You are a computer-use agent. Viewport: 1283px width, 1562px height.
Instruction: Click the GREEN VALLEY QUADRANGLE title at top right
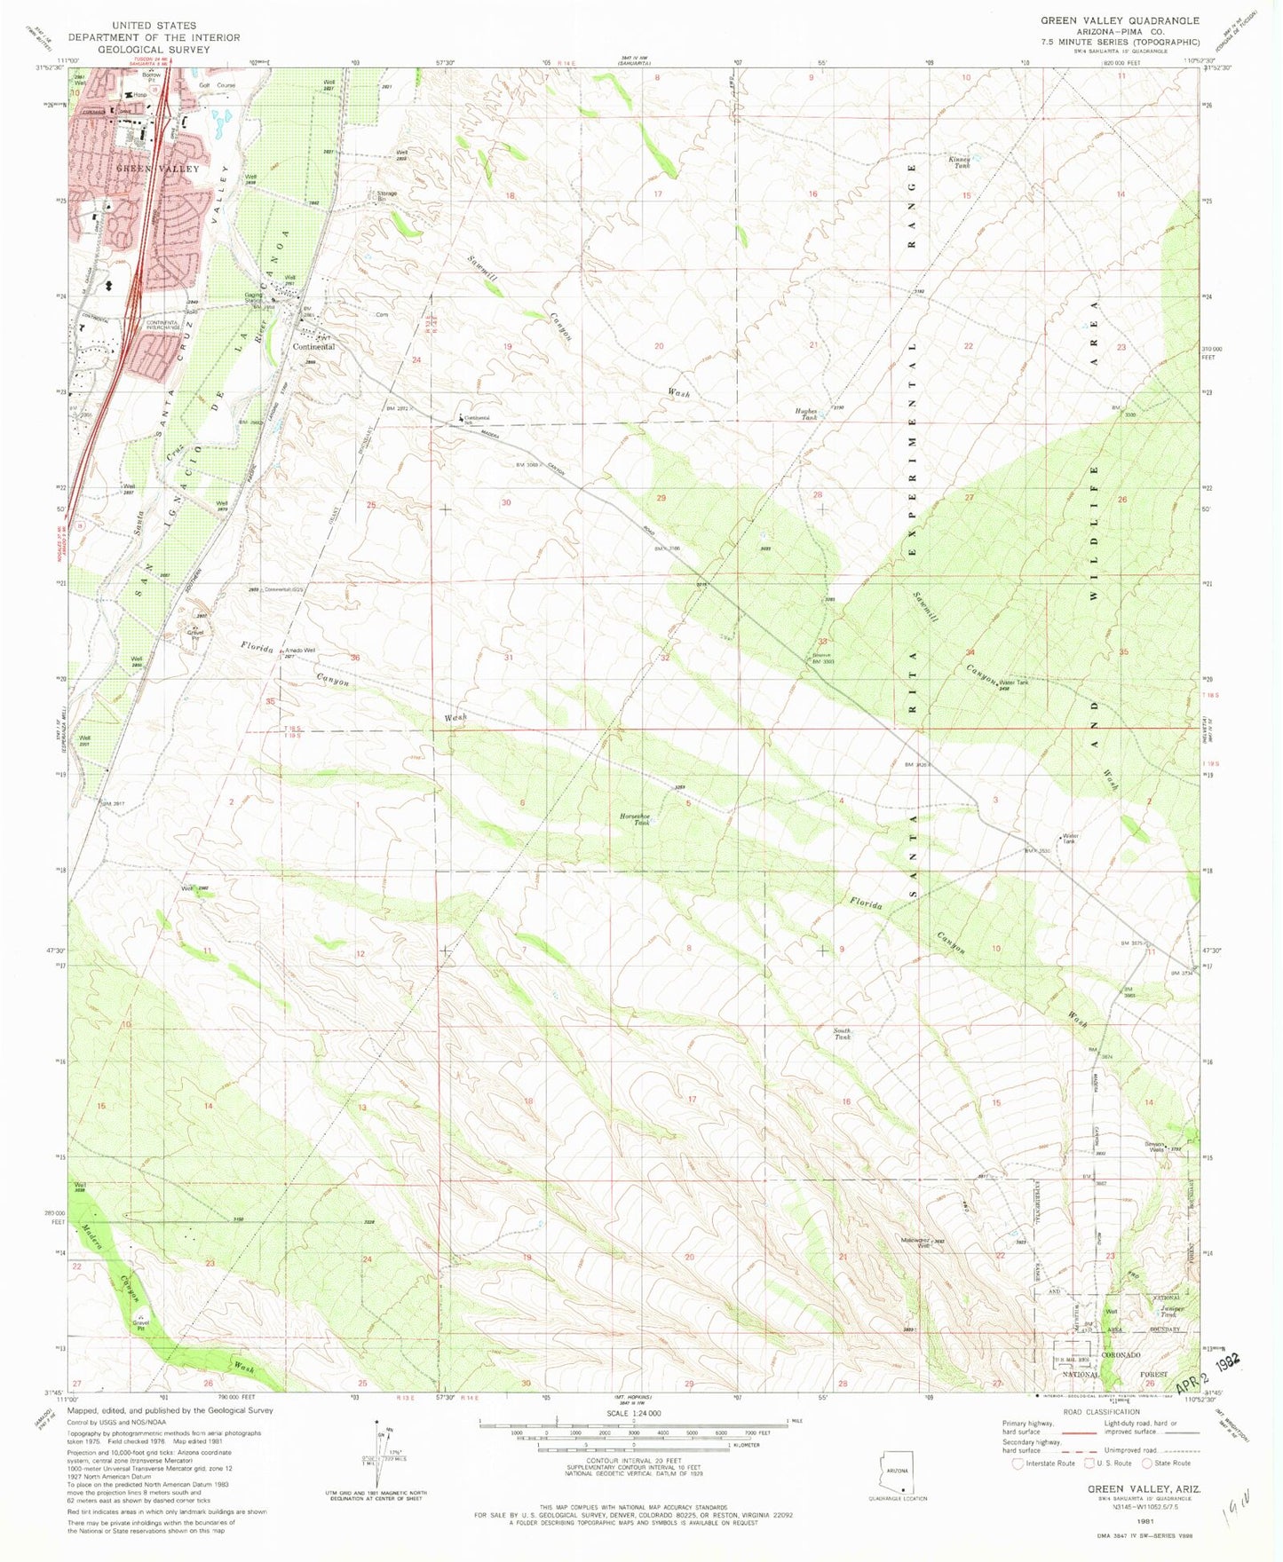pyautogui.click(x=1120, y=20)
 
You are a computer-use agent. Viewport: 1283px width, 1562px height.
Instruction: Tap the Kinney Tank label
pyautogui.click(x=961, y=162)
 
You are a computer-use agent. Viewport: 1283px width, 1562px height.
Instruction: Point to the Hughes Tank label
pyautogui.click(x=806, y=413)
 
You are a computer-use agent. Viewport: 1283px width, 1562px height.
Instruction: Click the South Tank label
pyautogui.click(x=842, y=1033)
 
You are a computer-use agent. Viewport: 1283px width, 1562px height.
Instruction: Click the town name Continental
pyautogui.click(x=314, y=347)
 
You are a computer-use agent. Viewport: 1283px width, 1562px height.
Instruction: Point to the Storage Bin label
pyautogui.click(x=386, y=195)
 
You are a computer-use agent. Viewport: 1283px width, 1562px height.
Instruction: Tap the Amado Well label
pyautogui.click(x=299, y=650)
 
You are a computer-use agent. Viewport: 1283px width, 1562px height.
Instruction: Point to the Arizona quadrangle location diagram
pyautogui.click(x=903, y=1479)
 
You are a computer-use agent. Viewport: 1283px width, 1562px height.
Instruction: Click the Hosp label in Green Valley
pyautogui.click(x=139, y=95)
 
